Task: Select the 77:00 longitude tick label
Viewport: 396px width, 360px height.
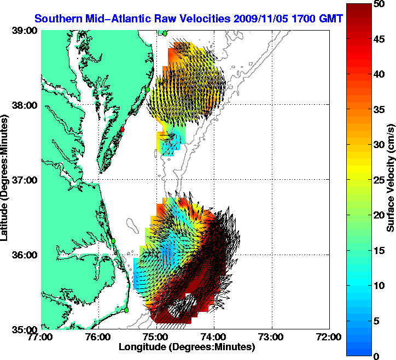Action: [x=41, y=337]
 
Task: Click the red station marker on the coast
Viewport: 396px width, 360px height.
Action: [x=123, y=129]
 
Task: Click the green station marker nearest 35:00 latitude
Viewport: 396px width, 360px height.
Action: [x=126, y=310]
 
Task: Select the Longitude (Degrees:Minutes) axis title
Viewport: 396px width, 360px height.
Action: [x=186, y=347]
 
